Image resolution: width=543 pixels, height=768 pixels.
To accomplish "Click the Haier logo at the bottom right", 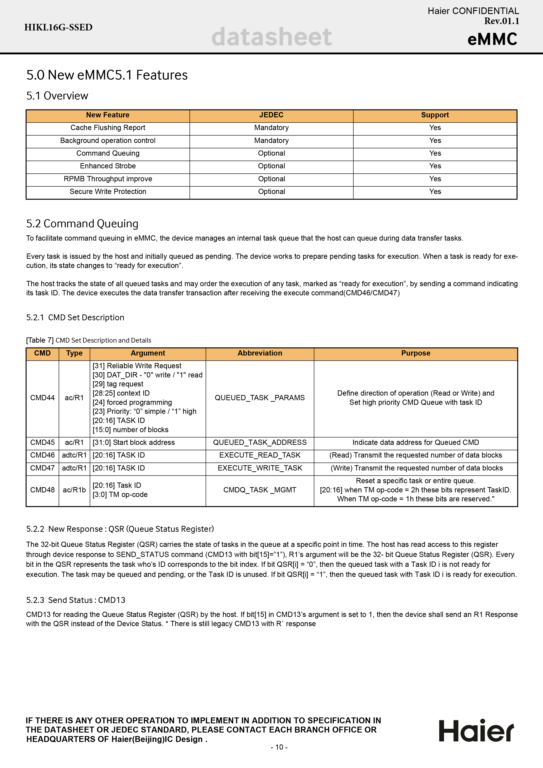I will click(476, 731).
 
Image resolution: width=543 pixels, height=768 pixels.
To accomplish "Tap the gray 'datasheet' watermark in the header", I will click(271, 37).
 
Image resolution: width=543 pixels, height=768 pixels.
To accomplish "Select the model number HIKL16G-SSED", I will click(58, 27).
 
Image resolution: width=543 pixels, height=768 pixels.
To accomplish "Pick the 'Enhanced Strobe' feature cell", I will click(108, 166).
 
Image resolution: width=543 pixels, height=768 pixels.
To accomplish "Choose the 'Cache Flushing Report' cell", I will click(108, 128).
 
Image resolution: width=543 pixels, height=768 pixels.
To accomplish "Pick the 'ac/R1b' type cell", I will click(74, 490).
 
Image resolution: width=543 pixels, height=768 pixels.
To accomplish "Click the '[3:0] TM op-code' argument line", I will click(120, 495).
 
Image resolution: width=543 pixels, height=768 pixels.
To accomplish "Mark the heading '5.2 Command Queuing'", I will click(82, 224).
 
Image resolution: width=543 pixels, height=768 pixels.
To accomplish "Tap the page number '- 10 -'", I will click(279, 747).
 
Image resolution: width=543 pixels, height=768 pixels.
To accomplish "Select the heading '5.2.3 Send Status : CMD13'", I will click(76, 600).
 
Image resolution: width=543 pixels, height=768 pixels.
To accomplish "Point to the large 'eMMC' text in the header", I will click(492, 39).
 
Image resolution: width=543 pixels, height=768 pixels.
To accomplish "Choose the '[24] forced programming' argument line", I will click(132, 402).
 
